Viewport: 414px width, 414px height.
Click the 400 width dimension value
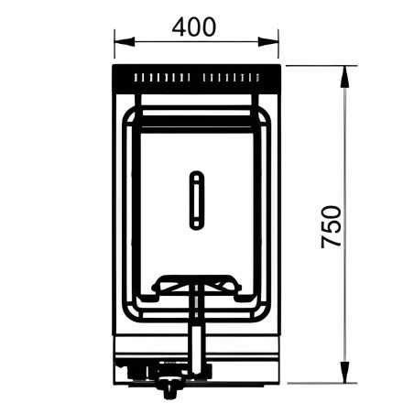click(x=194, y=27)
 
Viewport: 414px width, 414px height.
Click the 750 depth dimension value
click(x=332, y=227)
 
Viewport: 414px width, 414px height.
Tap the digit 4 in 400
click(x=179, y=27)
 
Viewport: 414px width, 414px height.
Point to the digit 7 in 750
click(x=332, y=242)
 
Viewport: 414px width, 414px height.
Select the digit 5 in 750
click(x=332, y=227)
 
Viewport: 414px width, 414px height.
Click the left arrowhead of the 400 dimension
click(x=125, y=41)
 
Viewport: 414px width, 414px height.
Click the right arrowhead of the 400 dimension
click(x=268, y=41)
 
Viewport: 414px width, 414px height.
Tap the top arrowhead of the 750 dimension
click(x=344, y=76)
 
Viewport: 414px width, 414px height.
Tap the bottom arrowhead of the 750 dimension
click(x=344, y=372)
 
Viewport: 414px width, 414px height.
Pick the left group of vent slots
click(x=162, y=78)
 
